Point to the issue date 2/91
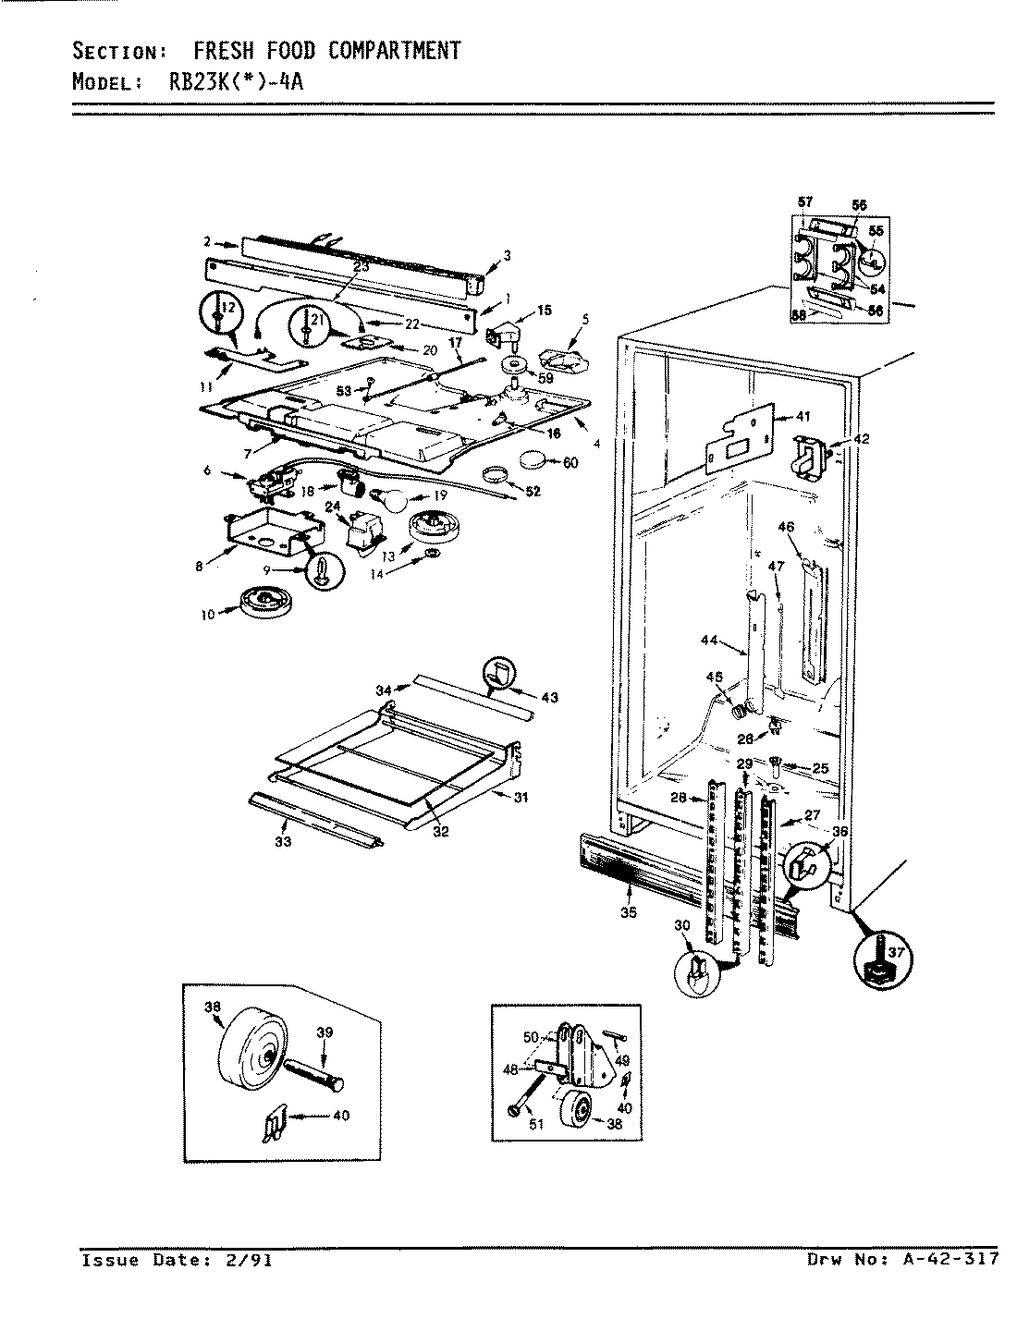[x=249, y=1259]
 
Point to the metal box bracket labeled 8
[x=268, y=528]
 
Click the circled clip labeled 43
[x=498, y=675]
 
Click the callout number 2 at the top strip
[x=207, y=242]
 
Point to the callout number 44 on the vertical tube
[x=709, y=640]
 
